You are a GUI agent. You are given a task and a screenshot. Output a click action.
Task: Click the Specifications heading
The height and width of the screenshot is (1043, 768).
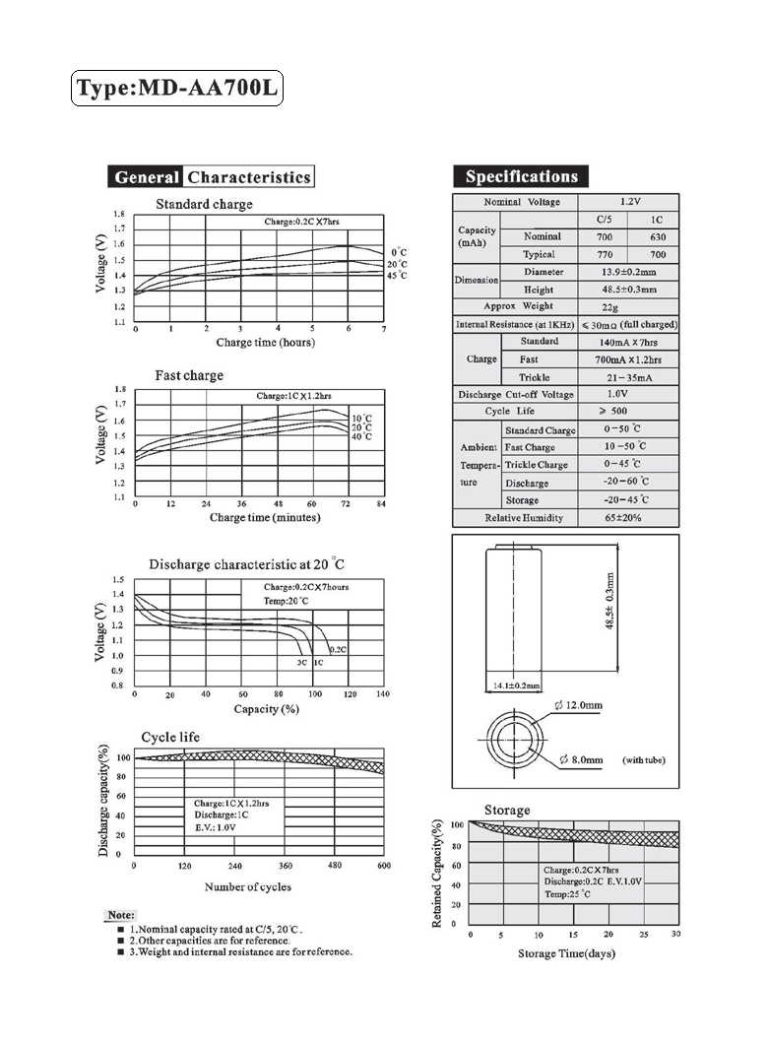521,176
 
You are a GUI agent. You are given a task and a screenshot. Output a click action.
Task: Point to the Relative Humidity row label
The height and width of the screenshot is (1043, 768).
524,518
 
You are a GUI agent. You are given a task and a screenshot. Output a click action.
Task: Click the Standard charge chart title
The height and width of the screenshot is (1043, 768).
204,204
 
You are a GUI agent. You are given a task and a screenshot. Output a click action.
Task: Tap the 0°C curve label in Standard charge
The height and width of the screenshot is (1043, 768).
399,253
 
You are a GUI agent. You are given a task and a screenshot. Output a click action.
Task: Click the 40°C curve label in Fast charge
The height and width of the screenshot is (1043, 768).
361,435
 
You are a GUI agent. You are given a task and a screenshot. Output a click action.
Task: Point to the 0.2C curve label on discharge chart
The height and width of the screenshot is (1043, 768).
337,649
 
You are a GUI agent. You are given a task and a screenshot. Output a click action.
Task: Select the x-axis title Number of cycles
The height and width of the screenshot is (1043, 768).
247,886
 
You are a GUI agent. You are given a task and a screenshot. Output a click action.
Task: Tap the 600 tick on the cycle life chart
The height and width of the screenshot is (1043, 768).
383,865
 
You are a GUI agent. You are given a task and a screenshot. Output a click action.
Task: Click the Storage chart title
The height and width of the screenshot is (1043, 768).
506,810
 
